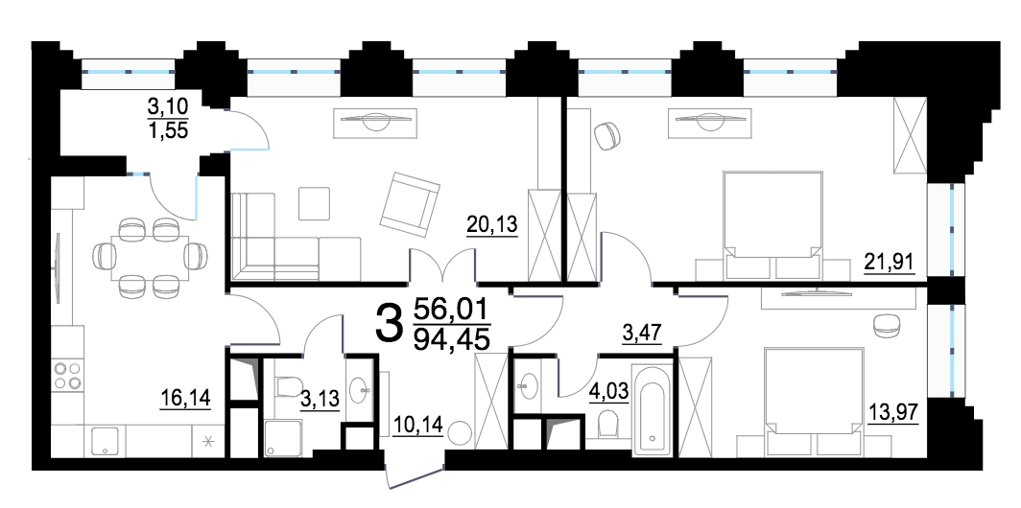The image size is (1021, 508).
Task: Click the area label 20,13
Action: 492,225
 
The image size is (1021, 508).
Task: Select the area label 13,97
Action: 892,411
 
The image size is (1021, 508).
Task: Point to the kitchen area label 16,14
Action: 185,397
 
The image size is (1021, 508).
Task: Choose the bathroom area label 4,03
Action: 609,395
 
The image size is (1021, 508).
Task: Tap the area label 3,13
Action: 321,398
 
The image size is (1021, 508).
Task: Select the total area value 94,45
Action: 452,339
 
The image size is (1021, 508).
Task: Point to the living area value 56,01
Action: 452,307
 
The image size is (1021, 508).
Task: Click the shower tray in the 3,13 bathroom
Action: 283,438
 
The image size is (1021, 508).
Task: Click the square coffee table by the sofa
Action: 315,203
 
